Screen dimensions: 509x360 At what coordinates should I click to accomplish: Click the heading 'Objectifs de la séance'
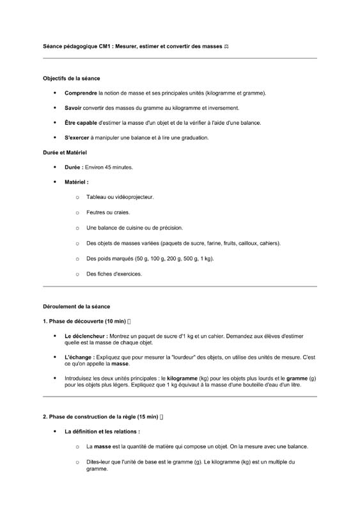tap(71, 79)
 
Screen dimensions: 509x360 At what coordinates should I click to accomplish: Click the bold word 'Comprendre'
tap(80, 93)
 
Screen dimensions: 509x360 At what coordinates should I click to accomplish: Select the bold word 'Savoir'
tap(73, 108)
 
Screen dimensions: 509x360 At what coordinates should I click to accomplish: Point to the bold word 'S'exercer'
tap(77, 137)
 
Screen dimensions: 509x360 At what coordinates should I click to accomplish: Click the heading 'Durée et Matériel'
tap(65, 153)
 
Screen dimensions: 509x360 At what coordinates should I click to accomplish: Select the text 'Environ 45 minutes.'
tap(109, 168)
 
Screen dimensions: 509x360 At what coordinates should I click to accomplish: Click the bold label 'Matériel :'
tap(76, 182)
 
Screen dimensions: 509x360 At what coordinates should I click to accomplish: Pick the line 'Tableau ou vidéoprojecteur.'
tap(120, 197)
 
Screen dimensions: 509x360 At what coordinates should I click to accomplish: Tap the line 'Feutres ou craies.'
tap(107, 212)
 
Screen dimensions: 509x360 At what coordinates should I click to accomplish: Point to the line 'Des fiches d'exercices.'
tap(114, 274)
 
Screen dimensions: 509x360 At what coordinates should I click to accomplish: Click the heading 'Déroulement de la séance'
tap(76, 307)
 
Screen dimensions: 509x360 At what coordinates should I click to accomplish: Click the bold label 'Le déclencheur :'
tap(86, 336)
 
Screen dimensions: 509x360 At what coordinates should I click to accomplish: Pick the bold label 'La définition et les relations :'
tap(102, 432)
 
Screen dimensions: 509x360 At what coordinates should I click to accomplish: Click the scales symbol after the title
tap(226, 47)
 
